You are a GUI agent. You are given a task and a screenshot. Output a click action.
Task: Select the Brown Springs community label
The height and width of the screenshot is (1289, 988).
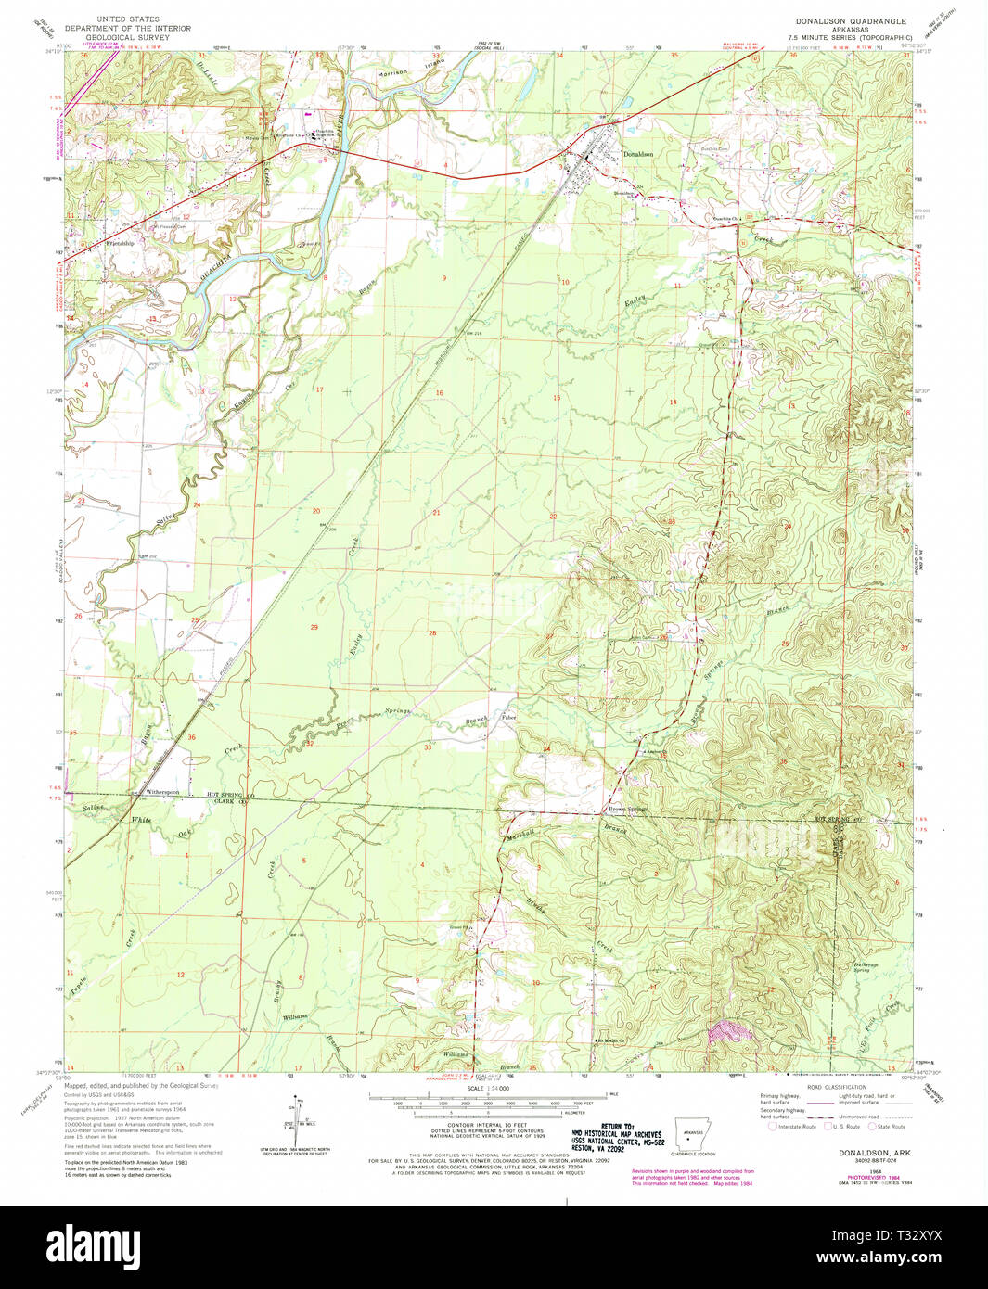click(x=627, y=810)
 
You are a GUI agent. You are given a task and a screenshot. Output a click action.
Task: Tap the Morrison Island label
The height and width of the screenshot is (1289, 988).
click(x=409, y=70)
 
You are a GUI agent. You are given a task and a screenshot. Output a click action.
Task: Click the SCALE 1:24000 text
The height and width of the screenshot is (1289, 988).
click(x=488, y=1088)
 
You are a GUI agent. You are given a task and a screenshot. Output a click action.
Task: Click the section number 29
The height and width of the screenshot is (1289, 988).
click(x=314, y=628)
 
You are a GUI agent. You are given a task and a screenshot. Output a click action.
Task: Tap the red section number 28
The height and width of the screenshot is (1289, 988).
click(x=432, y=633)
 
